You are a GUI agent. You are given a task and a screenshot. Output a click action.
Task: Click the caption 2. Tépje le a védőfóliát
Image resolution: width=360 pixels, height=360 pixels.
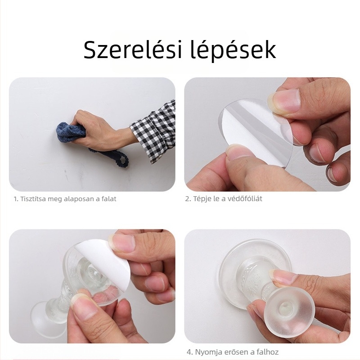pos(224,198)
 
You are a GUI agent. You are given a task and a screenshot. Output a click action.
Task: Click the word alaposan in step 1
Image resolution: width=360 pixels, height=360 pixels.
pos(74,198)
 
